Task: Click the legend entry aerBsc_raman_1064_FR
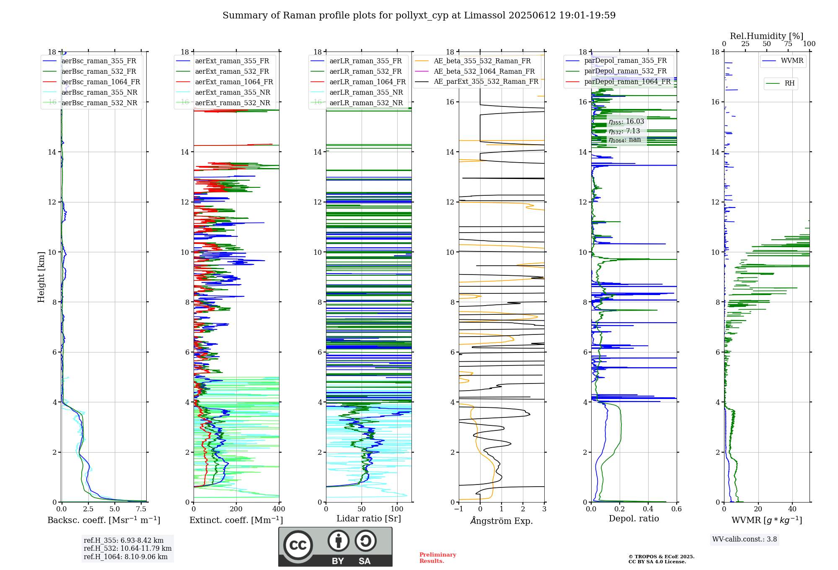(101, 82)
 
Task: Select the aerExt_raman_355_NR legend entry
(233, 93)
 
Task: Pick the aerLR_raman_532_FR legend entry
(365, 72)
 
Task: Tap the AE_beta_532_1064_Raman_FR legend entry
(484, 72)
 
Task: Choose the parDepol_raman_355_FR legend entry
(625, 61)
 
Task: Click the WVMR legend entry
(792, 61)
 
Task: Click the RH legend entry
(789, 83)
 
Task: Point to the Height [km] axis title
(41, 277)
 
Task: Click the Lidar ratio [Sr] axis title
(369, 518)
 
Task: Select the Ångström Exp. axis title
(502, 521)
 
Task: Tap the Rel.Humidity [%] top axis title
(766, 36)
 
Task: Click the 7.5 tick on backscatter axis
(141, 509)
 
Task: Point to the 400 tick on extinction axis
(279, 509)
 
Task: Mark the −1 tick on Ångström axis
(459, 509)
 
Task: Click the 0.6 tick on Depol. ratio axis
(677, 509)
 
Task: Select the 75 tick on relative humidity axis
(788, 44)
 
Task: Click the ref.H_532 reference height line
(127, 549)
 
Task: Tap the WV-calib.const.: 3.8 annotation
(745, 539)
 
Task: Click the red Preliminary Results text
(437, 558)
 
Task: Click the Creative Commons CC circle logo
(298, 545)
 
